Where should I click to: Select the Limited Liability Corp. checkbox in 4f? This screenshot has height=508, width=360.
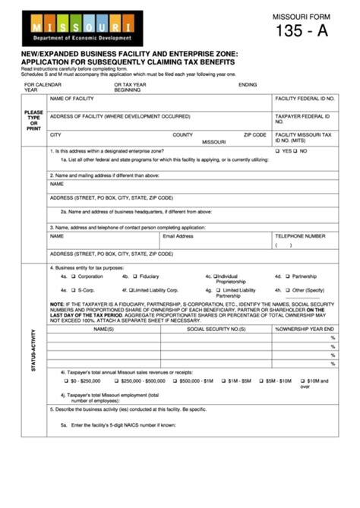tap(131, 290)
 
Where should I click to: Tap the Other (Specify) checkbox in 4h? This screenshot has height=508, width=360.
tap(288, 290)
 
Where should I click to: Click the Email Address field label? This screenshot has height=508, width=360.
tap(178, 236)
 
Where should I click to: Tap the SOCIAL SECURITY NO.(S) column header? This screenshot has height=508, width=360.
tap(216, 329)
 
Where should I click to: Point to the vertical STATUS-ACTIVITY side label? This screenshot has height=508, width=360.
tap(33, 349)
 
